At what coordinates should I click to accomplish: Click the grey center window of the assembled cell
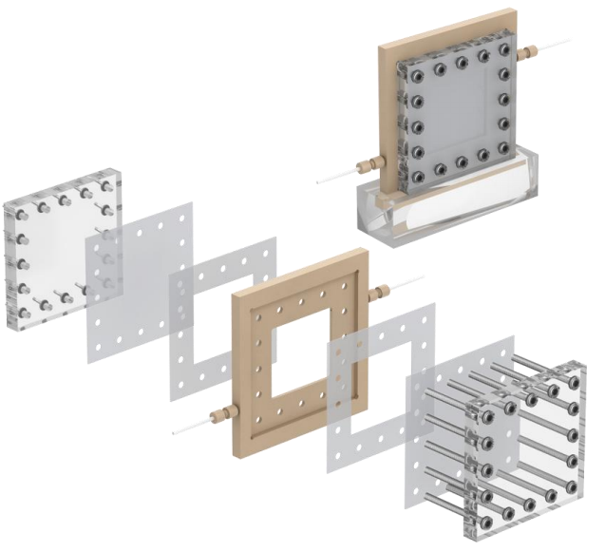[463, 115]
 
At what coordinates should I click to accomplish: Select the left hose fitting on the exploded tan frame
[220, 413]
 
